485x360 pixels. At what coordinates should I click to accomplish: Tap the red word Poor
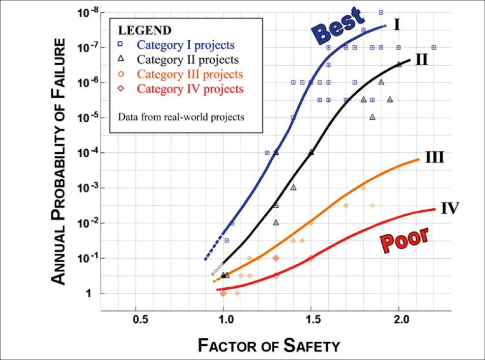404,239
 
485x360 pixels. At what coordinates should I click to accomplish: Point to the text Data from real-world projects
181,117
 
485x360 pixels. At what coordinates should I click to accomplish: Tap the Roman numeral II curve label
421,59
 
